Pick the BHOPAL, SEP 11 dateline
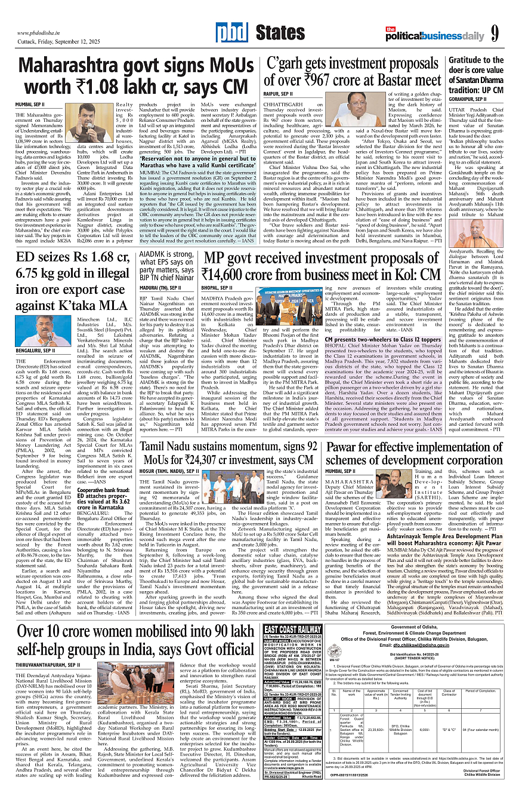[x=220, y=287]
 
